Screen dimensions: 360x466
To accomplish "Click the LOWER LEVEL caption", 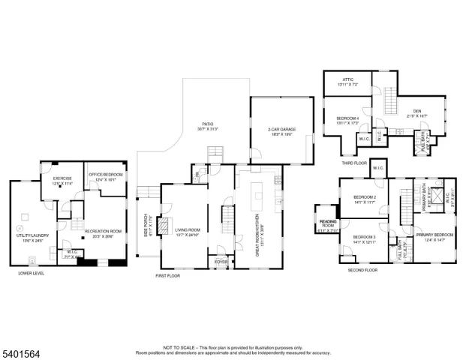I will tap(31, 274).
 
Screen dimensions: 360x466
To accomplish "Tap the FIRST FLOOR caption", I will tap(170, 276).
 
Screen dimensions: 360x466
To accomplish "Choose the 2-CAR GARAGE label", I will tap(281, 130).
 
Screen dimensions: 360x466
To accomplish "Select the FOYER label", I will tap(221, 262).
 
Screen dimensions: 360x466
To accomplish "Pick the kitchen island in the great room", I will tap(259, 199).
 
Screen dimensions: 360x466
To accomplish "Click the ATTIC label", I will tap(347, 84).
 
